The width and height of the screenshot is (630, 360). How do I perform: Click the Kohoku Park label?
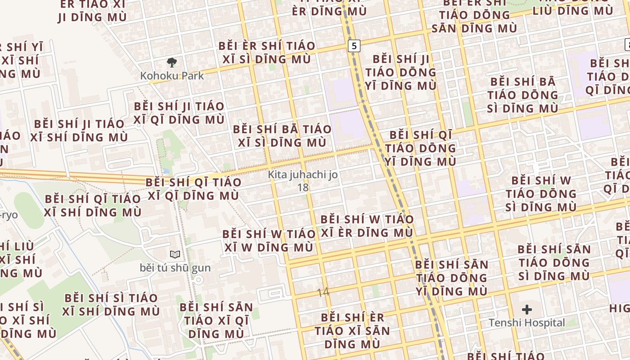(x=172, y=76)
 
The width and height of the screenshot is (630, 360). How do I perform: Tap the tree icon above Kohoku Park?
(x=171, y=62)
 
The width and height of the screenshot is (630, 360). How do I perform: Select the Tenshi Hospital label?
(x=526, y=323)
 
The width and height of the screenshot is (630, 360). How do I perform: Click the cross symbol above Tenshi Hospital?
(x=526, y=310)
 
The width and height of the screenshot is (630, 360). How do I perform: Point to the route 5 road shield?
(x=354, y=45)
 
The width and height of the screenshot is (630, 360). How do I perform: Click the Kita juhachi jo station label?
(x=303, y=174)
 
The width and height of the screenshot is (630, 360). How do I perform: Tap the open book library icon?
(x=175, y=254)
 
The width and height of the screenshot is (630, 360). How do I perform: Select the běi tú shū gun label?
(x=175, y=268)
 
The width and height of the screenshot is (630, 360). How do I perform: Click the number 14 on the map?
(x=323, y=292)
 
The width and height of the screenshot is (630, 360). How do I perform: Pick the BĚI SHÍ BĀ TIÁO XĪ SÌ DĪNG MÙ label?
(x=282, y=136)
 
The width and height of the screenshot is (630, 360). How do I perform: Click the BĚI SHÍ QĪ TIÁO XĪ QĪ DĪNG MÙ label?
(x=193, y=189)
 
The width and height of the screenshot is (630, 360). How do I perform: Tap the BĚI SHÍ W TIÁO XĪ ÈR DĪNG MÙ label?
(x=366, y=226)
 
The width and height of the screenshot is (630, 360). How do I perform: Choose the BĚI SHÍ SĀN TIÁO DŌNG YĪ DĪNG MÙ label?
(x=451, y=278)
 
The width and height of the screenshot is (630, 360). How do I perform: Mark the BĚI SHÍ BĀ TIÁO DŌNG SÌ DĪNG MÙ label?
(x=522, y=95)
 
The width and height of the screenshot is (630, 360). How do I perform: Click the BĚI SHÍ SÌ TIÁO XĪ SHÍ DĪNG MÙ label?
(x=111, y=305)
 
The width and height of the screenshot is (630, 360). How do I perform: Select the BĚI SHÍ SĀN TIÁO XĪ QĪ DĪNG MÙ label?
(x=216, y=320)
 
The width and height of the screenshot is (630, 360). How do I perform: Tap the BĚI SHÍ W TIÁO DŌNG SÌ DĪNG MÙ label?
(x=540, y=194)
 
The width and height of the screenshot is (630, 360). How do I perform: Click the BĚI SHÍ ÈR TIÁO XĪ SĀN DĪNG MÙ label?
(x=352, y=331)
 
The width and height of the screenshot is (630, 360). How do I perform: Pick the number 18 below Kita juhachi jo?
(x=303, y=187)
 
